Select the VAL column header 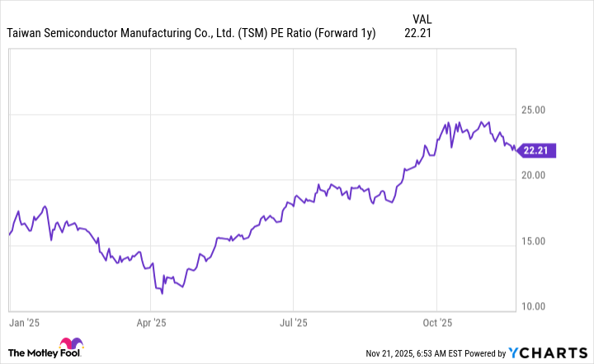pyautogui.click(x=420, y=18)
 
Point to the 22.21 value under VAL pyautogui.click(x=418, y=33)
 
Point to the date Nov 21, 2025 pyautogui.click(x=394, y=353)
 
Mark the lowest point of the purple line pyautogui.click(x=162, y=293)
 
